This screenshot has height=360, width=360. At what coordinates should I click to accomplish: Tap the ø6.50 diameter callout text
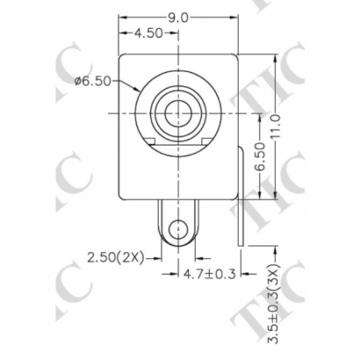(x=94, y=81)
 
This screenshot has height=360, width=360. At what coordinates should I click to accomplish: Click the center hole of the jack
(x=179, y=114)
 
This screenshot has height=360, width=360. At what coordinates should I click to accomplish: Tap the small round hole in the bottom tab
(x=179, y=231)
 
